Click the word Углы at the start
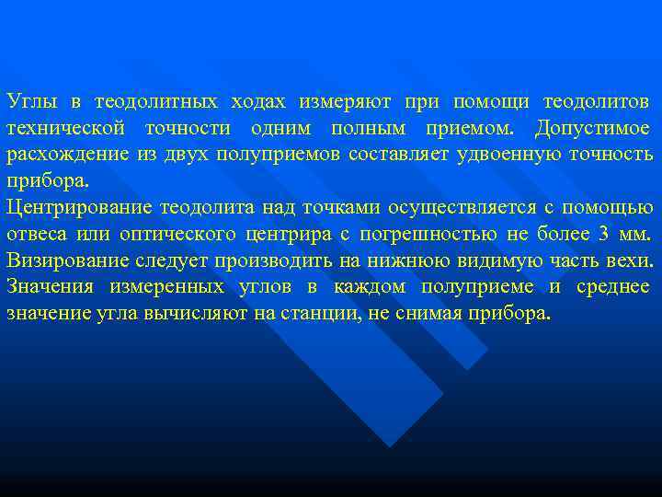point(29,100)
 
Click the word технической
point(60,127)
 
